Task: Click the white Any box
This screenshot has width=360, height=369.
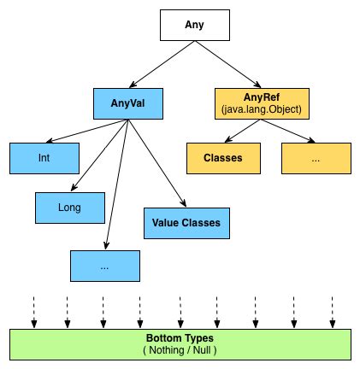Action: (195, 25)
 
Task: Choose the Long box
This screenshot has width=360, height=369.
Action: (69, 206)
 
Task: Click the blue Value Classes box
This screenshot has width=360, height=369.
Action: (186, 222)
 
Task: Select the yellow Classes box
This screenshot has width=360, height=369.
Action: (222, 157)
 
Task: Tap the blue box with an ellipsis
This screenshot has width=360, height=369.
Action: (104, 266)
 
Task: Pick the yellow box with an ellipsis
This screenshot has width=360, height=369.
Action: (316, 157)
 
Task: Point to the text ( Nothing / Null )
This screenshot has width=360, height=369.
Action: (180, 350)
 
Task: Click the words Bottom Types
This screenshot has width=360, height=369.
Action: (180, 338)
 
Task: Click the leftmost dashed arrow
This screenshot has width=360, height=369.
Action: (33, 311)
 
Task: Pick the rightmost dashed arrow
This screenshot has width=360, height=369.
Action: (332, 311)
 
